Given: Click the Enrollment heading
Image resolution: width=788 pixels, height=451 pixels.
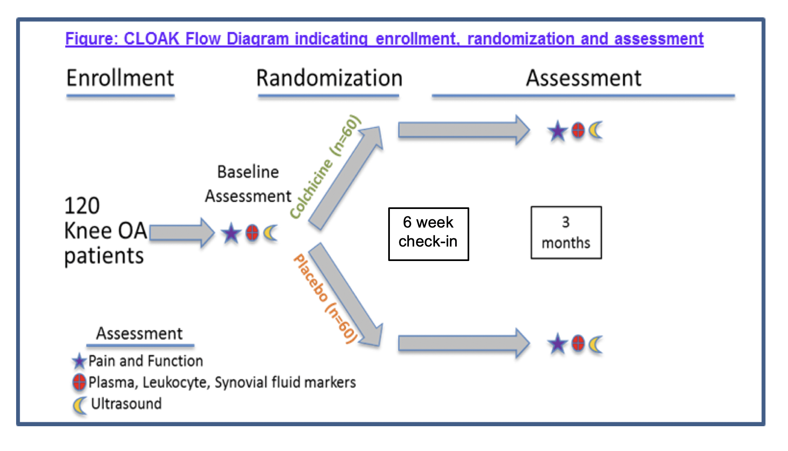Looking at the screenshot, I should [120, 78].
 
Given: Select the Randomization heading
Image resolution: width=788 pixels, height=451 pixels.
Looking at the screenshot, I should [329, 78].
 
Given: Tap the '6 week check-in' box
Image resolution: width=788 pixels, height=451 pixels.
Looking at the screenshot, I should [428, 234].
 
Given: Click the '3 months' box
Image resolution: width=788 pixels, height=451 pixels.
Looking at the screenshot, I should [566, 233].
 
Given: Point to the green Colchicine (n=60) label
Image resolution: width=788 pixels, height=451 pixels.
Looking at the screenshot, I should [325, 166].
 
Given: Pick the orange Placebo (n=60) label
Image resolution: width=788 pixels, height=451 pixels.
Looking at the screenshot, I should [325, 298].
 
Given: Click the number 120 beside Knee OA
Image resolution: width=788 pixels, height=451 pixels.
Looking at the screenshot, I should [82, 206].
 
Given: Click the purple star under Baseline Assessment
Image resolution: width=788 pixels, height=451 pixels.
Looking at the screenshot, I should [231, 233].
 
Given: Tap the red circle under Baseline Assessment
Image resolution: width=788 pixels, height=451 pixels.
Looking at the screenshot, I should [252, 233].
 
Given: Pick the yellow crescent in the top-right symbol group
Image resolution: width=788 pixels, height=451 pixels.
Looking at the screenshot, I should [596, 131].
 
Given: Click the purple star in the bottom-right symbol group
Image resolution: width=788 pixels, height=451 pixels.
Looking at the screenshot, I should [557, 344].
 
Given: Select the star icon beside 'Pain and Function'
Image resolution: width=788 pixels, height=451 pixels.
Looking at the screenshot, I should [79, 361].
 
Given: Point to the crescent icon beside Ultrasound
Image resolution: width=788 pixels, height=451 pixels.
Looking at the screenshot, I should [79, 405].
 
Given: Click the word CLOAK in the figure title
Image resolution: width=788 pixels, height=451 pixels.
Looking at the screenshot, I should [151, 39].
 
